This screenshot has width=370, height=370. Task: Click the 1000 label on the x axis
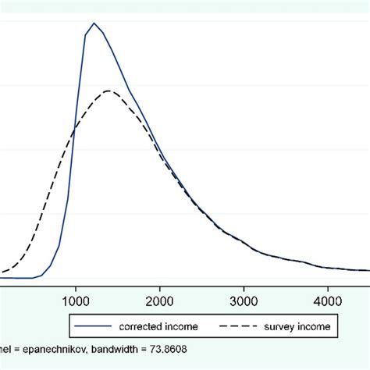point(75,300)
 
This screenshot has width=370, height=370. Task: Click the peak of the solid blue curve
point(94,23)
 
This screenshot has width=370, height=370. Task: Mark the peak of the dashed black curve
point(109,91)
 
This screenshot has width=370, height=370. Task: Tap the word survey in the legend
point(289,326)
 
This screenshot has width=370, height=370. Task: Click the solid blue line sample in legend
point(89,326)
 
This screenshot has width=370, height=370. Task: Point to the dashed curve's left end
point(2,272)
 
